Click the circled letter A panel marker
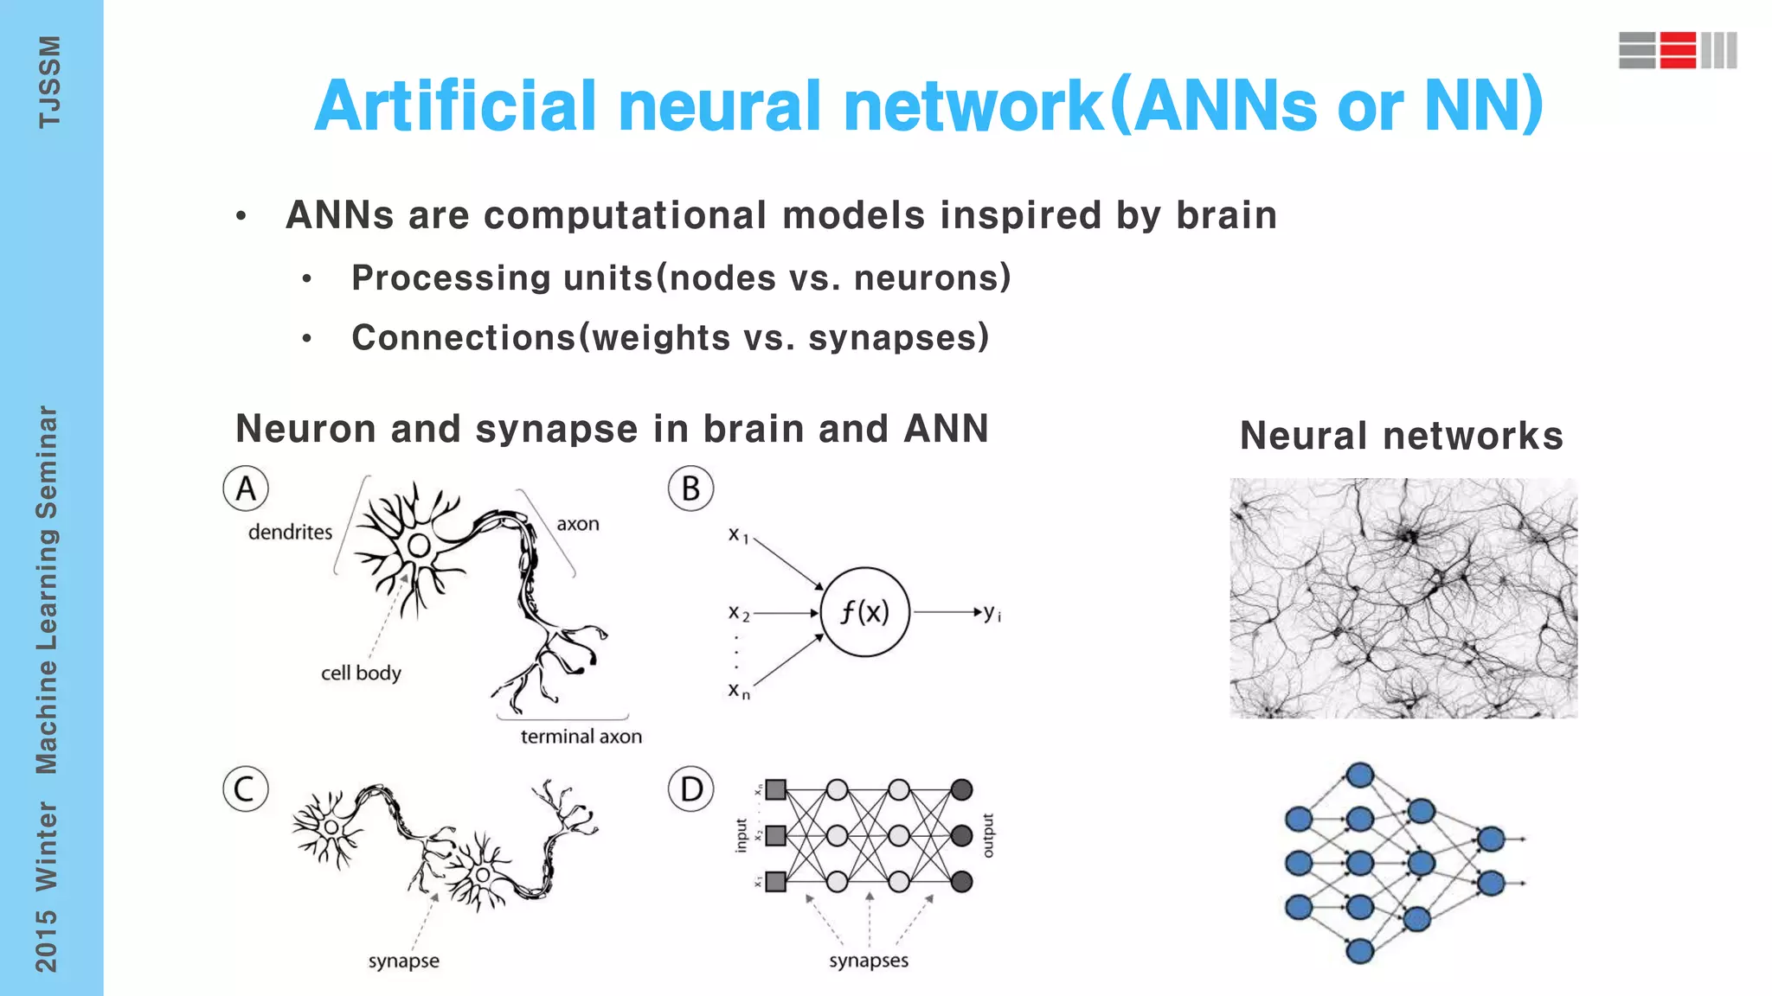coord(246,488)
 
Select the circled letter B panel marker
coord(690,488)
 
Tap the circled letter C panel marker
coord(246,789)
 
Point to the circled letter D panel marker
coord(690,789)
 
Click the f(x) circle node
coord(864,612)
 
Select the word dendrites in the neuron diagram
coord(290,532)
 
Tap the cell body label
coord(361,673)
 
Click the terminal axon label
coord(581,737)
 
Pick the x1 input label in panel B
coord(737,535)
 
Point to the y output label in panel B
coord(992,613)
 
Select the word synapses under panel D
coord(869,961)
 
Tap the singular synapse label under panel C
coord(403,961)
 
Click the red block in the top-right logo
coord(1678,50)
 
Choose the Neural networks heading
coord(1402,436)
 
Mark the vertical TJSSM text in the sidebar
coord(49,82)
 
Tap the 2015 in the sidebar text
coord(46,940)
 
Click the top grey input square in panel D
coord(776,789)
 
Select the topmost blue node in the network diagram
coord(1360,775)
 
